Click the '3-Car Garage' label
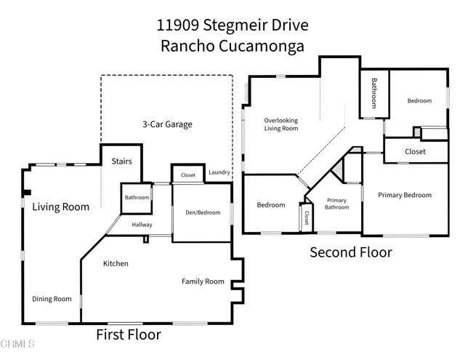click(166, 124)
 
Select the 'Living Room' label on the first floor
click(60, 207)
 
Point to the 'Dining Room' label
click(52, 299)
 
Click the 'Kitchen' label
click(116, 263)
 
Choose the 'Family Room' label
click(203, 281)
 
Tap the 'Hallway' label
click(142, 225)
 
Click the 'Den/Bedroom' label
click(201, 213)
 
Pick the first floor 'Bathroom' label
click(136, 198)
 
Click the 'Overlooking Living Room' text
click(281, 124)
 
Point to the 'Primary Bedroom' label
click(405, 195)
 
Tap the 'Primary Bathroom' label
click(336, 204)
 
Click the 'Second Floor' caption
click(351, 252)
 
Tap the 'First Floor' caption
click(129, 335)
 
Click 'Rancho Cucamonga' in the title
click(232, 45)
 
